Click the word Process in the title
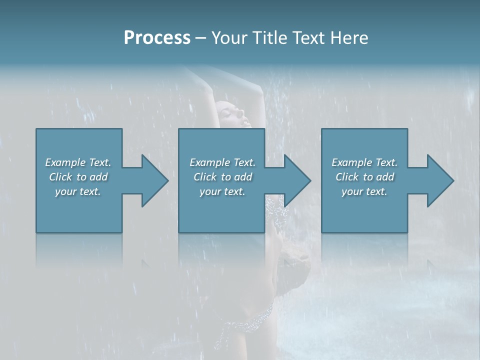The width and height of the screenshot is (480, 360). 157,38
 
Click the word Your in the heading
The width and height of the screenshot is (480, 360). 229,38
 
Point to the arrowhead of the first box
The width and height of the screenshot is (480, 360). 154,180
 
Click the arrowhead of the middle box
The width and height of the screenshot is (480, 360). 297,180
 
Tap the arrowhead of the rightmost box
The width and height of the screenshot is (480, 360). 440,180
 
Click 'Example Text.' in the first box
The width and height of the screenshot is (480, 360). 78,162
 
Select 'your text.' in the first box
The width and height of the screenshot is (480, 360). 78,191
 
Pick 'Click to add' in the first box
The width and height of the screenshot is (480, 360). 78,177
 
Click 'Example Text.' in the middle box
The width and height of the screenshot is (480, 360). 222,162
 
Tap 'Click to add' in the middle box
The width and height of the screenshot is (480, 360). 222,177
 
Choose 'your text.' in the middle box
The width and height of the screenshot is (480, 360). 222,191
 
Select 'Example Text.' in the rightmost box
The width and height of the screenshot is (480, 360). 364,162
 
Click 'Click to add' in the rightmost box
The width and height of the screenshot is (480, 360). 365,177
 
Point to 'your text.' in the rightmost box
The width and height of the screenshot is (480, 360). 364,191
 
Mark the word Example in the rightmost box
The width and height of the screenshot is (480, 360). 352,162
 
